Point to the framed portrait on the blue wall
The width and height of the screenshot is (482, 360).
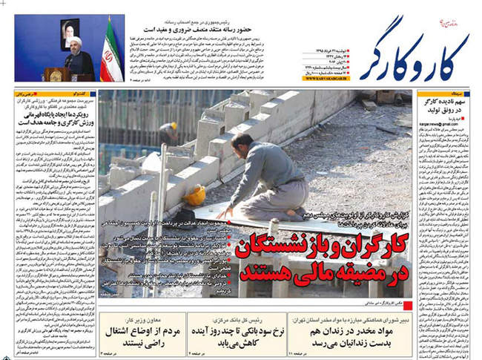point(70,31)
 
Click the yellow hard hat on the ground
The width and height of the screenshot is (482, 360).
point(194,195)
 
